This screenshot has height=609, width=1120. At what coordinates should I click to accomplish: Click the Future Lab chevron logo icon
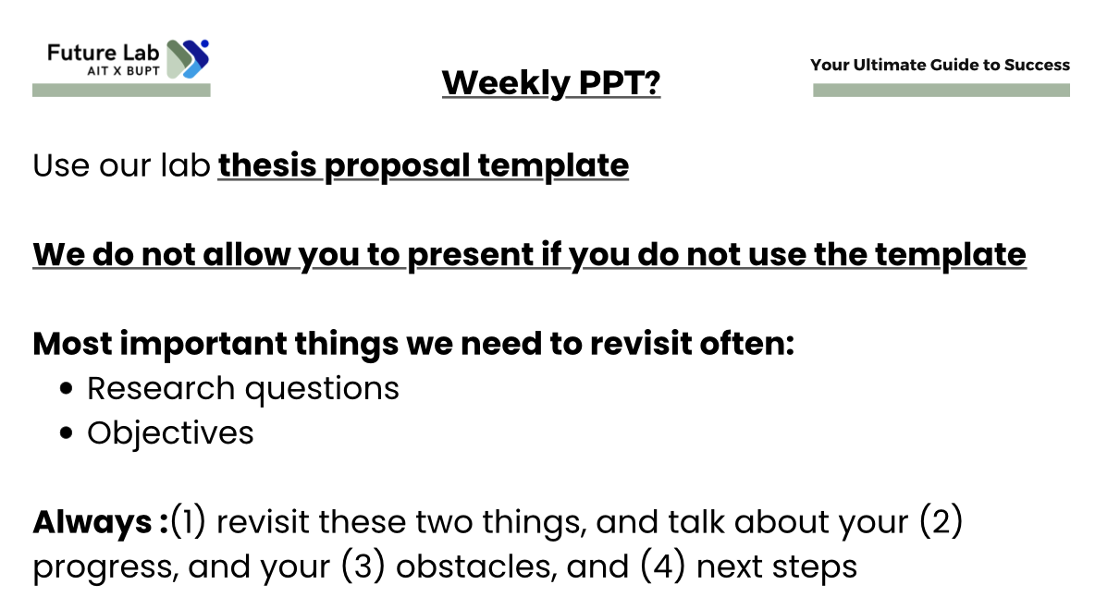point(188,59)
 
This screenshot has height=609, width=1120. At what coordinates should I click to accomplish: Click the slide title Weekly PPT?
point(551,82)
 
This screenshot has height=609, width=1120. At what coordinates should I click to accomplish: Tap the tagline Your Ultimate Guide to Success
point(940,65)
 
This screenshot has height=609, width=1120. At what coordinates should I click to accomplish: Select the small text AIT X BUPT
point(124,71)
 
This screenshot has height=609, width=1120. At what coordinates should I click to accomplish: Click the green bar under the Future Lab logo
point(121,91)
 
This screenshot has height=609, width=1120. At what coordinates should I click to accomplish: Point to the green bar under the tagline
point(942,91)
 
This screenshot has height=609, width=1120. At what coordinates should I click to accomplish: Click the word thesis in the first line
point(267,165)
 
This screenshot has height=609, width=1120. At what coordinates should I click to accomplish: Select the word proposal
point(398,167)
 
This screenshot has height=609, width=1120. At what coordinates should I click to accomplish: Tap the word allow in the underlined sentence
point(247,254)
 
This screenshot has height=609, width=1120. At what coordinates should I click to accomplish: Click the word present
point(471,256)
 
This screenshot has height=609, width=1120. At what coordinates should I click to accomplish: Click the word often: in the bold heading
point(747,343)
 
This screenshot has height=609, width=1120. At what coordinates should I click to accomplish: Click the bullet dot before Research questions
point(66,389)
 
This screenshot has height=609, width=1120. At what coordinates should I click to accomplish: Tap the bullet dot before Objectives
point(66,432)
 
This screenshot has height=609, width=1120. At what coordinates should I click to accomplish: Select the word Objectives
point(170,433)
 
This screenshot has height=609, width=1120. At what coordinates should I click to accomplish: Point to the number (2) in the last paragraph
point(941,522)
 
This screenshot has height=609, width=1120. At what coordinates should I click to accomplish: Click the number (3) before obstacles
point(363,566)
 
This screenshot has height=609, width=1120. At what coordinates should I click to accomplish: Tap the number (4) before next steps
point(662,566)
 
